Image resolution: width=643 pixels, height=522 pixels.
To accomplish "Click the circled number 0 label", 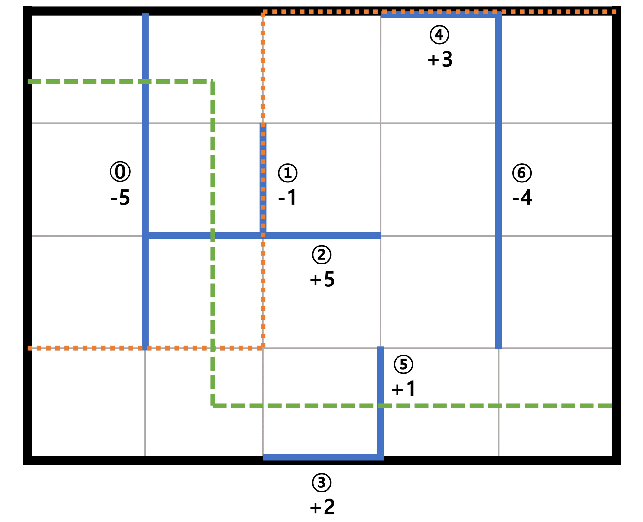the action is click(120, 171).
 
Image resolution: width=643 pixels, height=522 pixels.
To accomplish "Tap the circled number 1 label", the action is click(288, 173).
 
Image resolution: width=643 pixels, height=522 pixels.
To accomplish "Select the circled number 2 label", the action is click(321, 255).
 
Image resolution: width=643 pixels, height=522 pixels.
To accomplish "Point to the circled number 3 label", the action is click(321, 482).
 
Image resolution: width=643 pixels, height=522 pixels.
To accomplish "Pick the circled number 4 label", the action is click(439, 35).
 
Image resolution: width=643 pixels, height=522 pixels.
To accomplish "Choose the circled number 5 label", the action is click(403, 364).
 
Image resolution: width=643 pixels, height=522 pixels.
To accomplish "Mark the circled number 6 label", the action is click(522, 173).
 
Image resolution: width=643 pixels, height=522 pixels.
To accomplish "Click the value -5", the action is click(120, 198).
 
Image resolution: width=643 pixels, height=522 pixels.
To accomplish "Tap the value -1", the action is click(287, 197).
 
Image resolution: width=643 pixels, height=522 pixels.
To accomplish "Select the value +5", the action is click(322, 279).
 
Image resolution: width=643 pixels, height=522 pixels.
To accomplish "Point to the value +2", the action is click(322, 507).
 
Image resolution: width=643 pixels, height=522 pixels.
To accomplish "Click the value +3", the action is click(440, 59).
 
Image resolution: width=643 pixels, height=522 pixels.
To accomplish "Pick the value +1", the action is click(403, 389).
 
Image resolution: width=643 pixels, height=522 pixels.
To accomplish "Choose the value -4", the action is click(522, 197).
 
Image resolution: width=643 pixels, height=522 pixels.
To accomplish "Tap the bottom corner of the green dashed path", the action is click(213, 406).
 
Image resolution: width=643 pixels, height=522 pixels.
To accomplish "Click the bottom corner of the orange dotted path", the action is click(263, 348).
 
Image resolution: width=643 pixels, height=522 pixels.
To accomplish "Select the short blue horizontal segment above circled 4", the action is click(440, 15).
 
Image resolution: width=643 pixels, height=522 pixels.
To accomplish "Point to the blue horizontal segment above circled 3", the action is click(323, 457).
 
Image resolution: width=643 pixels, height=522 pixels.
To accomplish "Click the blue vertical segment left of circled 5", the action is click(381, 402).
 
